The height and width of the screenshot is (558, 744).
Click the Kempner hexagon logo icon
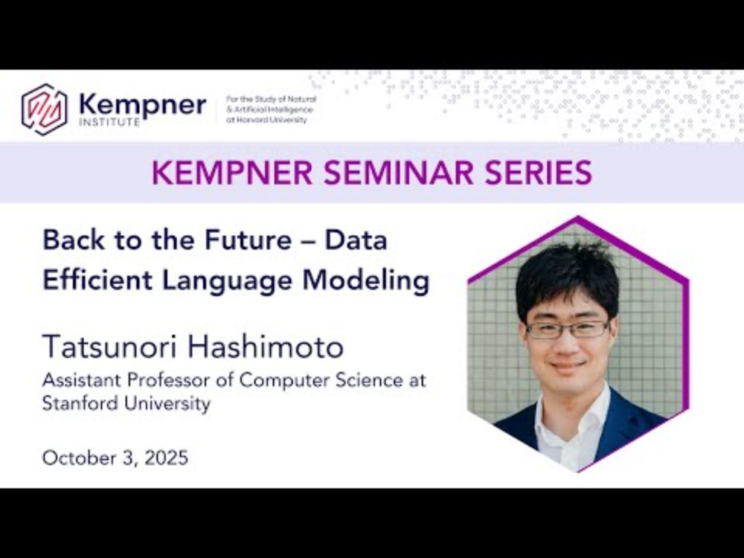[44, 109]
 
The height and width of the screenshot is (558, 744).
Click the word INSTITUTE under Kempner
[109, 122]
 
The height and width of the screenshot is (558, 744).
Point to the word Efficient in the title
[97, 280]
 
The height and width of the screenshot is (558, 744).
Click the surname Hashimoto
[266, 347]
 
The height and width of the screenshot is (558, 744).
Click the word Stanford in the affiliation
[80, 403]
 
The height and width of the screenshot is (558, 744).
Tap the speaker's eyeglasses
[568, 330]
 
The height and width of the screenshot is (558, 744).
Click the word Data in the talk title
[356, 240]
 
